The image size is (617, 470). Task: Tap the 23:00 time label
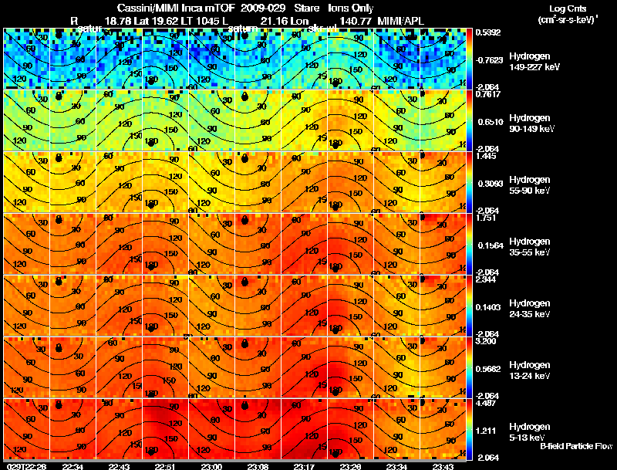(211, 466)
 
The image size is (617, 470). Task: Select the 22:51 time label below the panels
(165, 466)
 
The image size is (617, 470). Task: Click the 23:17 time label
(304, 466)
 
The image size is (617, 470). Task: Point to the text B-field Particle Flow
(575, 446)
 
